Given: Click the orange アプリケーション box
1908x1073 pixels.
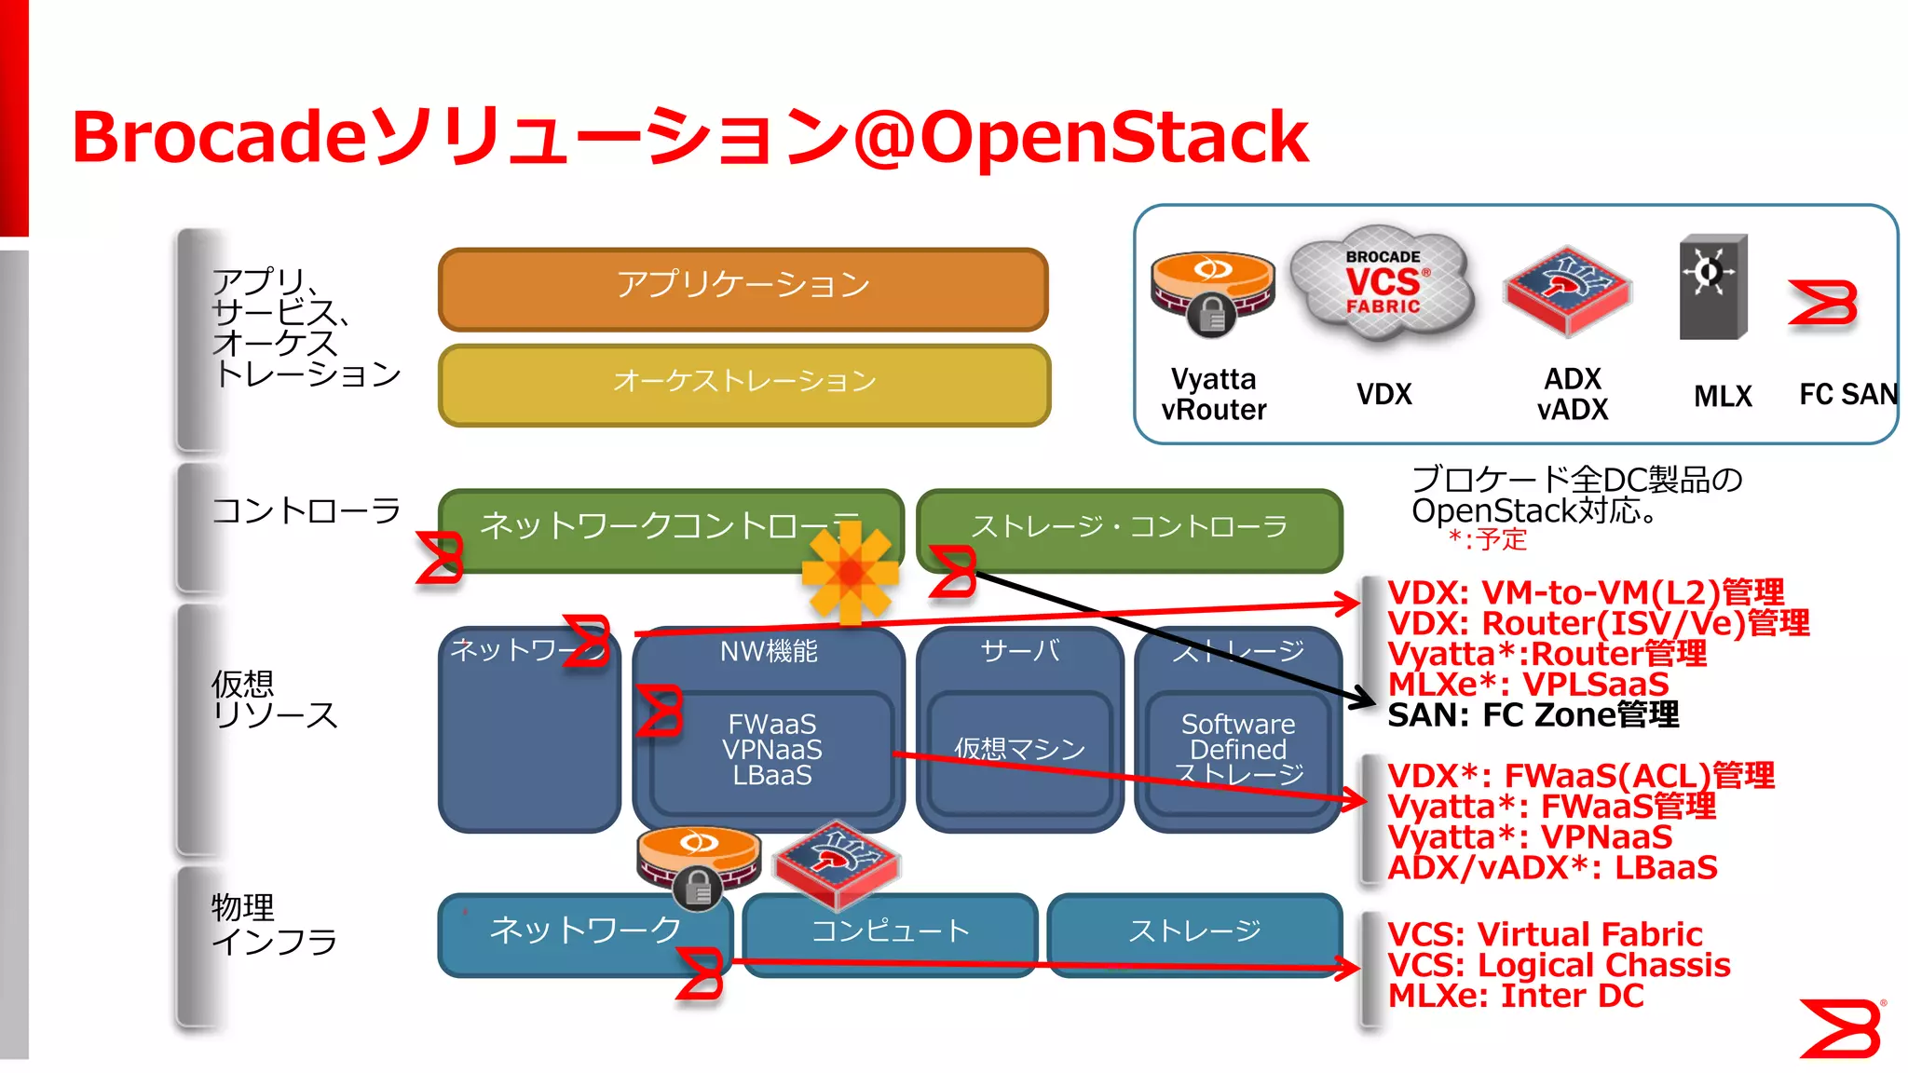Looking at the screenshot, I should [743, 289].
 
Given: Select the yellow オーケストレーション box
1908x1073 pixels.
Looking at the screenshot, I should [743, 385].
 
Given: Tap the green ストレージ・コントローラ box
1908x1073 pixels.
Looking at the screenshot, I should [1129, 528].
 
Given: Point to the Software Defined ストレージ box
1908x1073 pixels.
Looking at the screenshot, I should [1237, 751].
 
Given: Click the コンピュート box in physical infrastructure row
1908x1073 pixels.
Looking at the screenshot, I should [890, 931].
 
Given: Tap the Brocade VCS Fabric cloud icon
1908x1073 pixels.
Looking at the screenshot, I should [1383, 282].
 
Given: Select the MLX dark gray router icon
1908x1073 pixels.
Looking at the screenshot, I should [1712, 287].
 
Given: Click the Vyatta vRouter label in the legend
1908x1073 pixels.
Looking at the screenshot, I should [1213, 395].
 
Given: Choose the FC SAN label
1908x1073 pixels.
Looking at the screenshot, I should [1847, 395].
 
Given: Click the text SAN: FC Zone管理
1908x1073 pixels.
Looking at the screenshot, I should [1533, 715].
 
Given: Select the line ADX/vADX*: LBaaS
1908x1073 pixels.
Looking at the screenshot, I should [1552, 868].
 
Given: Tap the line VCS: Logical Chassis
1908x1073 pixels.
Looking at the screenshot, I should [1559, 965].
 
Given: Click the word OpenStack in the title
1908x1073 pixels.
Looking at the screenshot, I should [1113, 137].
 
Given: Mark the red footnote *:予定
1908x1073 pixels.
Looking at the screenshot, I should [1488, 539].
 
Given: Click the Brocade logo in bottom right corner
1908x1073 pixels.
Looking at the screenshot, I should [1842, 1028].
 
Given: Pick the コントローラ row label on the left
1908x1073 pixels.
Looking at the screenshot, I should [306, 510].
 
